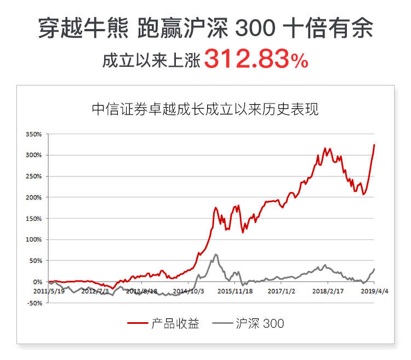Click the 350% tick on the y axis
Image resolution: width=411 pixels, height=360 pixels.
[35, 134]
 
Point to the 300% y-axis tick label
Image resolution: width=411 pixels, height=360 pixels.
[35, 155]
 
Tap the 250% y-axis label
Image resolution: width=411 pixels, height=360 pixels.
[35, 176]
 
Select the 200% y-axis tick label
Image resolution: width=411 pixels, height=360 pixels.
[35, 197]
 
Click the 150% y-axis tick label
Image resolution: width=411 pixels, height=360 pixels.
[35, 218]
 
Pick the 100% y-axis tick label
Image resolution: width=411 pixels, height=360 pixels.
[35, 239]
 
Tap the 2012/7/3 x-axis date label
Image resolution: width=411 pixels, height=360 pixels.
[95, 291]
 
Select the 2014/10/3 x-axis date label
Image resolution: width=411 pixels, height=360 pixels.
[189, 291]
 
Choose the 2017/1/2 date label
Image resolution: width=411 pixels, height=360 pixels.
[282, 291]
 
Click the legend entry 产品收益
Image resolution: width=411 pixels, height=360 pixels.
[175, 323]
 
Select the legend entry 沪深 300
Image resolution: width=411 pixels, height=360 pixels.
[260, 323]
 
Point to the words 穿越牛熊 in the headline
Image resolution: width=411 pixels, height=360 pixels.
[72, 28]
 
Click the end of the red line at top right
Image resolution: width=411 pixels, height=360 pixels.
[374, 145]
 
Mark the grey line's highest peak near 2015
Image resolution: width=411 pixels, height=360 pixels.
[216, 254]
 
